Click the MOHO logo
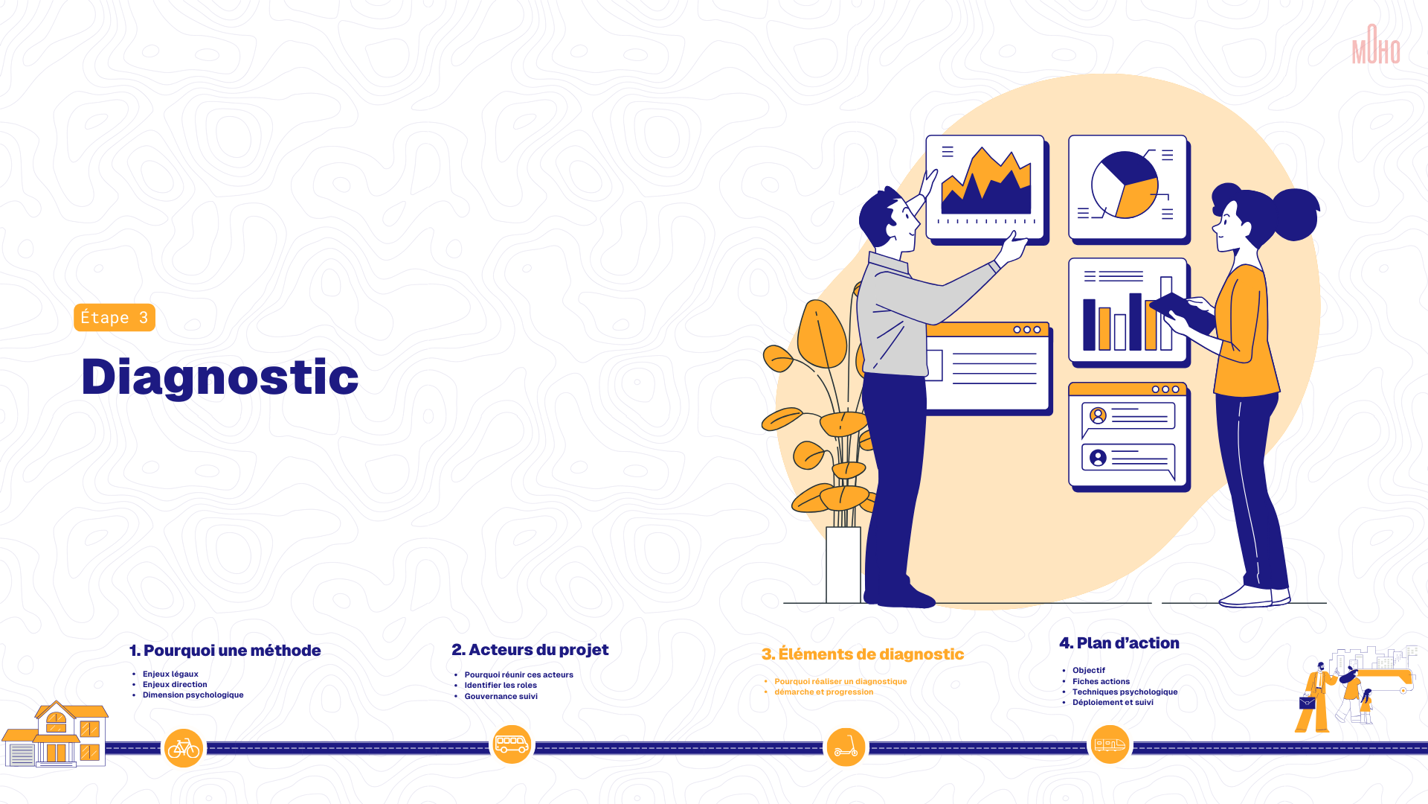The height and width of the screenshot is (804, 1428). coord(1376,44)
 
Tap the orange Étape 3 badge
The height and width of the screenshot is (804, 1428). coord(115,318)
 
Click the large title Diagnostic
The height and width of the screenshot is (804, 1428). coord(220,377)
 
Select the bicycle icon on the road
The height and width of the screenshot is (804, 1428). coord(184,748)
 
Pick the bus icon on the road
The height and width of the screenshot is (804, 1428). coord(512,744)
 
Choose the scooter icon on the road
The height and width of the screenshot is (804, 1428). coord(846,747)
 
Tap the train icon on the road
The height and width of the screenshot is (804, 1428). coord(1110,744)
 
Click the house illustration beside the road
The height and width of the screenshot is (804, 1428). coord(55,735)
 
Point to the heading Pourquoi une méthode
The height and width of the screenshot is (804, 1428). coord(225,651)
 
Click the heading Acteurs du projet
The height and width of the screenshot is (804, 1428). coord(530,650)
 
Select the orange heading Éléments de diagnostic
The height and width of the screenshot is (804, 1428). coord(863,654)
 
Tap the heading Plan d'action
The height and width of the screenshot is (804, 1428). coord(1119,643)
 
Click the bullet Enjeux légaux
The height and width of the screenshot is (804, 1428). coord(170,674)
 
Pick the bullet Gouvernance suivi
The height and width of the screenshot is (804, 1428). coord(501,697)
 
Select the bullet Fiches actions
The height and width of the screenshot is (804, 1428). coord(1101,682)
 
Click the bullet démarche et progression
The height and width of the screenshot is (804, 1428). coord(823,692)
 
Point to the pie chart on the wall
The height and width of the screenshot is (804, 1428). coord(1125,185)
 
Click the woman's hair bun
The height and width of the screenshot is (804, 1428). coord(1296,214)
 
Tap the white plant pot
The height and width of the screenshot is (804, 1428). coord(843,565)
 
